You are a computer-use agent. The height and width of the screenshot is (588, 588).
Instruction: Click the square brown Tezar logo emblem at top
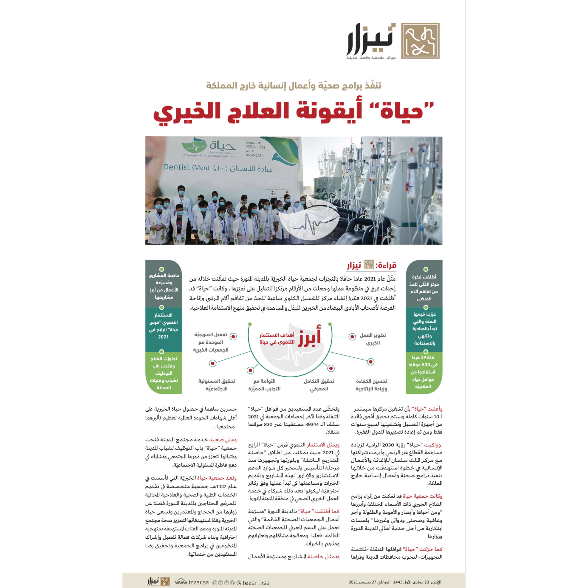pyautogui.click(x=420, y=41)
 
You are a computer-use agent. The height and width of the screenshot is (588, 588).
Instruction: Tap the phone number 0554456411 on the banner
pyautogui.click(x=255, y=147)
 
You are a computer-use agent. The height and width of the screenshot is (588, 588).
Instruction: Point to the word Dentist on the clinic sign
pyautogui.click(x=177, y=167)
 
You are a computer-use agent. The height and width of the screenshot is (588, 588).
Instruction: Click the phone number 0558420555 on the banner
pyautogui.click(x=255, y=155)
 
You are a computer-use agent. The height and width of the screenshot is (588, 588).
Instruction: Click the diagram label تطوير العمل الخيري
pyautogui.click(x=373, y=339)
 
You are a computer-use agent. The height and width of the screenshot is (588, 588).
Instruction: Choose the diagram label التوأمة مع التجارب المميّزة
pyautogui.click(x=264, y=385)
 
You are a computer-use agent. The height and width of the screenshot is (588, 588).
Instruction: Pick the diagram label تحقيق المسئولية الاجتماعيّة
pyautogui.click(x=216, y=385)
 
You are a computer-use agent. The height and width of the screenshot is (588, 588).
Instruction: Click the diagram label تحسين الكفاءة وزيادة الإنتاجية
pyautogui.click(x=371, y=385)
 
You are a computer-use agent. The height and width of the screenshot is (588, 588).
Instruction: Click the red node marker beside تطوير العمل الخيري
pyautogui.click(x=352, y=337)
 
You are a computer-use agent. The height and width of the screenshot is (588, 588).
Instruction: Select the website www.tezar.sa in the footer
pyautogui.click(x=192, y=582)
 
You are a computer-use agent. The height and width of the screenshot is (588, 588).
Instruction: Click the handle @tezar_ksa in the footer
pyautogui.click(x=253, y=582)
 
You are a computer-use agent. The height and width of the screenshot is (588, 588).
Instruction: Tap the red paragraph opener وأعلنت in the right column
pyautogui.click(x=436, y=409)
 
